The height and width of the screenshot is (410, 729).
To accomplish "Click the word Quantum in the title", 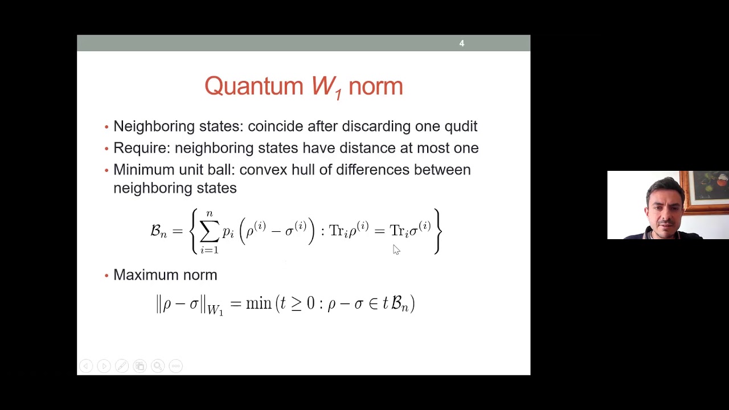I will [x=253, y=87].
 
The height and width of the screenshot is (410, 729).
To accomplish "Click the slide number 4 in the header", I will [x=462, y=43].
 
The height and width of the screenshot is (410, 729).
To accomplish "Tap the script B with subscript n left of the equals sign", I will [x=158, y=231].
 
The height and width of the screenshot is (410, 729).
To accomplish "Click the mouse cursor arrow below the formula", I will [x=396, y=249].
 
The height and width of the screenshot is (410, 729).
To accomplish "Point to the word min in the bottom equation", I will [x=259, y=304].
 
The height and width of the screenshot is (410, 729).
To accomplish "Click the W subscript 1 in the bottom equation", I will [x=215, y=310].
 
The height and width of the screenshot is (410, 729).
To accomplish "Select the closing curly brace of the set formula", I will [x=437, y=231].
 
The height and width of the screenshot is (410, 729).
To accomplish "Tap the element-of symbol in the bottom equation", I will [x=373, y=304].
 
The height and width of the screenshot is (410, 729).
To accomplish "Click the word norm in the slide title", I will [x=375, y=87].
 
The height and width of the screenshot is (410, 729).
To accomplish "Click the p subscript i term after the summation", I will [x=228, y=232].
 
